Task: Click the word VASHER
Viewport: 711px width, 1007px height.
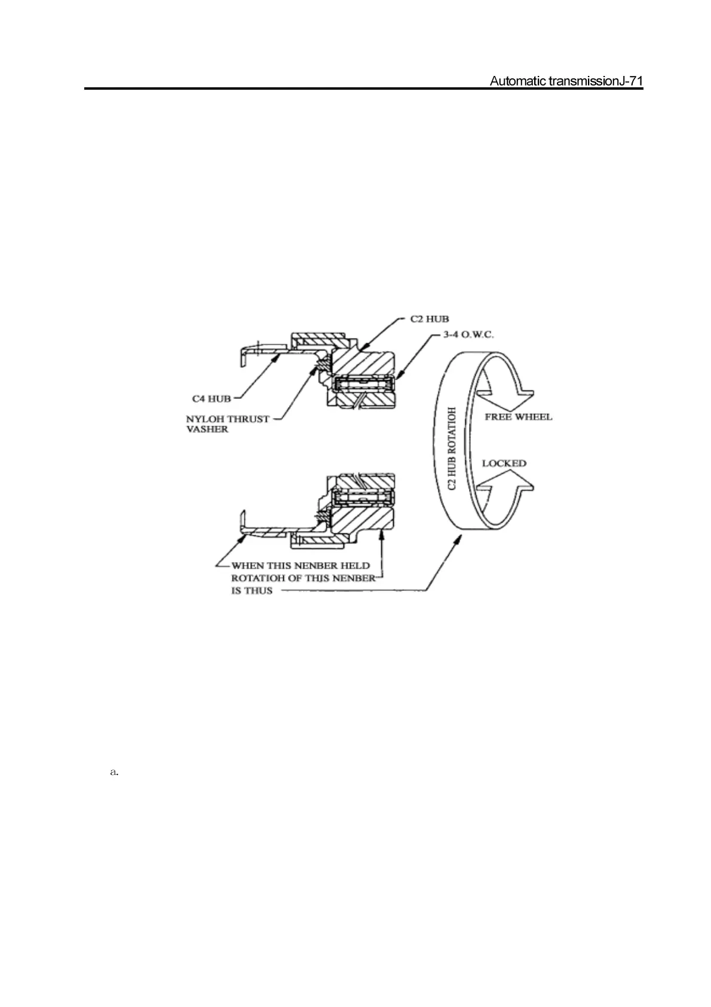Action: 207,429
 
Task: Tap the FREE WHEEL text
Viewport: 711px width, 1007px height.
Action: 518,417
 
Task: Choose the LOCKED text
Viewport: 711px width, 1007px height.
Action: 504,463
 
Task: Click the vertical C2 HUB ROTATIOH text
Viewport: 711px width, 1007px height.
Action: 452,448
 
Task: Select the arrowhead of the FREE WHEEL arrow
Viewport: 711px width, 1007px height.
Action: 526,391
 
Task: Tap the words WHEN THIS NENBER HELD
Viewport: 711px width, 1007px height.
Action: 301,565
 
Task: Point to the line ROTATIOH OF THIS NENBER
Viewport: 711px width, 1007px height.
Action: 303,578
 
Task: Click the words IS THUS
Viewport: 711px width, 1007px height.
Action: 252,590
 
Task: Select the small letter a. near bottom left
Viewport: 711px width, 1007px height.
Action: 115,773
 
